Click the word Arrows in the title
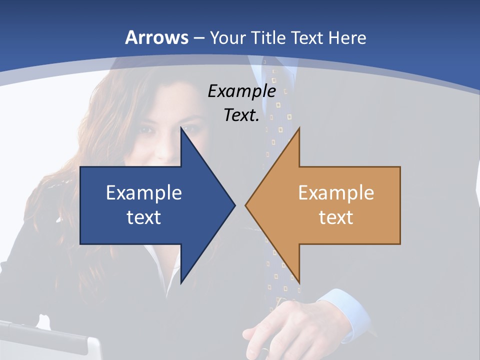click(156, 37)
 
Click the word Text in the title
click(307, 38)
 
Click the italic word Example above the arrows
click(241, 91)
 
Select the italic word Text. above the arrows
click(241, 115)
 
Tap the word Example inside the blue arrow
click(144, 193)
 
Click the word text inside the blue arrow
click(144, 217)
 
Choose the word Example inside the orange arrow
click(336, 193)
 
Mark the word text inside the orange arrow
click(336, 217)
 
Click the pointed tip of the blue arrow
click(234, 205)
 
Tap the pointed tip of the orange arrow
click(246, 205)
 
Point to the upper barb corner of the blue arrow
click(181, 128)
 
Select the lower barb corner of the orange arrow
click(299, 282)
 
